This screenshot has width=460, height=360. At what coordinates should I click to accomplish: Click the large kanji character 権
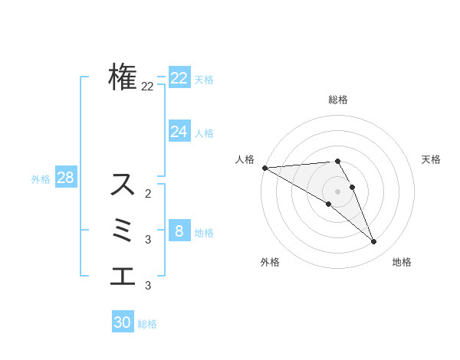pyautogui.click(x=123, y=77)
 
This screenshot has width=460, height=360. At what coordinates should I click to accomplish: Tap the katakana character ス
pyautogui.click(x=123, y=185)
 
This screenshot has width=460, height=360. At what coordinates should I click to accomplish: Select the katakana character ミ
pyautogui.click(x=123, y=231)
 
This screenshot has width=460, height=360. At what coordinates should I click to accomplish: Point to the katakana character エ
pyautogui.click(x=123, y=276)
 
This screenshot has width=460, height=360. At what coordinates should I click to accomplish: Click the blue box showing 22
pyautogui.click(x=179, y=78)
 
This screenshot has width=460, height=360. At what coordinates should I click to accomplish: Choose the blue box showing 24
pyautogui.click(x=179, y=132)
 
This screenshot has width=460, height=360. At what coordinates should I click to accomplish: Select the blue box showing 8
pyautogui.click(x=179, y=231)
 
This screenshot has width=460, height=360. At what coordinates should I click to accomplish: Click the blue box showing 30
pyautogui.click(x=123, y=322)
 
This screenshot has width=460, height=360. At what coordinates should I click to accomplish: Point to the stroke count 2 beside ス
pyautogui.click(x=148, y=194)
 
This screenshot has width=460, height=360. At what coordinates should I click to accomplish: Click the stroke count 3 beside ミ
pyautogui.click(x=148, y=240)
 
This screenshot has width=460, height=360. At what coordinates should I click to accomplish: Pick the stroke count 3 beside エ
pyautogui.click(x=148, y=286)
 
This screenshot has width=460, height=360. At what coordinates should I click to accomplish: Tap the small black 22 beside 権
pyautogui.click(x=147, y=87)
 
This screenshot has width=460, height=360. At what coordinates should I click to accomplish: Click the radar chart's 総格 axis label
pyautogui.click(x=338, y=100)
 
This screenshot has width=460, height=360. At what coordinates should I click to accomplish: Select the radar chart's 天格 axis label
pyautogui.click(x=432, y=159)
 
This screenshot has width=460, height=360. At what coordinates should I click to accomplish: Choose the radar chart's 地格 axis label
pyautogui.click(x=402, y=262)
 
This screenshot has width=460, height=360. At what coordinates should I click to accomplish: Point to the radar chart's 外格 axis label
pyautogui.click(x=270, y=262)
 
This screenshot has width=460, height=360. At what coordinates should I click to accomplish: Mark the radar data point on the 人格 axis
pyautogui.click(x=264, y=168)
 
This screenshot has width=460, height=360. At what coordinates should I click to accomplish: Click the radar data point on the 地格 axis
pyautogui.click(x=373, y=242)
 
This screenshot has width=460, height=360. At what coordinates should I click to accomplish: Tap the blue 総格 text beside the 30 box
pyautogui.click(x=147, y=324)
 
